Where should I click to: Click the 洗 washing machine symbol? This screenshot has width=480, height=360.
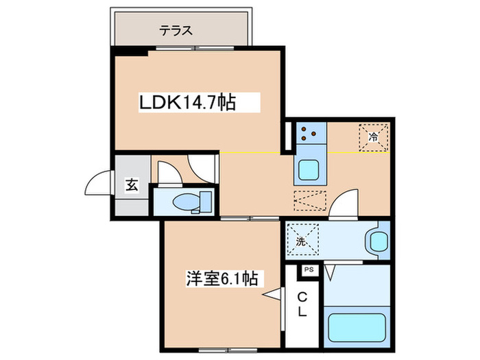coord(301,240)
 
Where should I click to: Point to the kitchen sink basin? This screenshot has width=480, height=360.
coord(311,169)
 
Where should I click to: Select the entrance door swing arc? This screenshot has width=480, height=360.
coord(96,184)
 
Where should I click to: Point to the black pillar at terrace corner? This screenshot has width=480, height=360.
coord(130,51)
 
